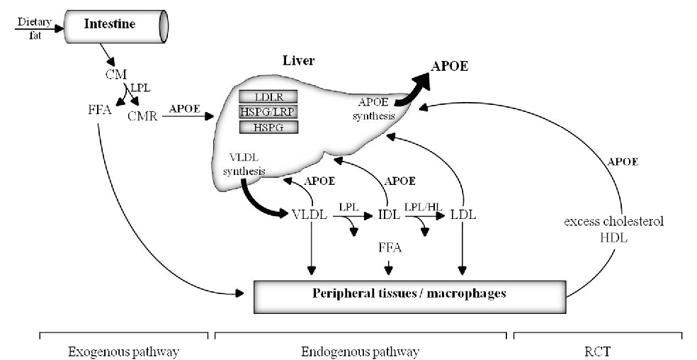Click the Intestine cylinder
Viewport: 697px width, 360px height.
click(117, 26)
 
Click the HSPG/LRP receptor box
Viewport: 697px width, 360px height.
click(268, 112)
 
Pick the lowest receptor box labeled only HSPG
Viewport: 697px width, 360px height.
click(268, 127)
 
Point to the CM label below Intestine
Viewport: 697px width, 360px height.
click(113, 74)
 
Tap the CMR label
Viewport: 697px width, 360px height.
click(142, 115)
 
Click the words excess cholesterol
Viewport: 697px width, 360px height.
click(614, 222)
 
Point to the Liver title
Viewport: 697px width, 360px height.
click(299, 62)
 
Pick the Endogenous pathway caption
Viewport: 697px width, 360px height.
click(360, 351)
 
